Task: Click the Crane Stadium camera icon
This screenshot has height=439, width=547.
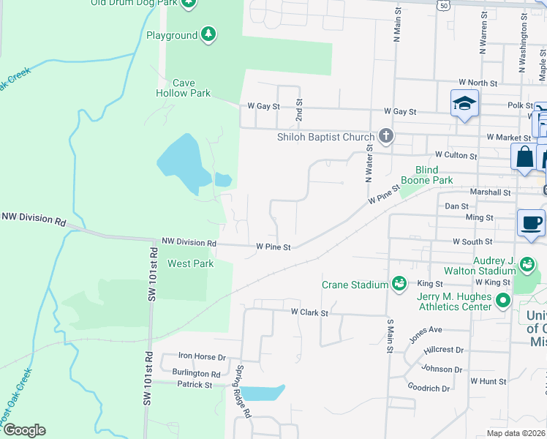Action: click(399, 283)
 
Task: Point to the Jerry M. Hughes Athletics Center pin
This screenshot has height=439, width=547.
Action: click(503, 301)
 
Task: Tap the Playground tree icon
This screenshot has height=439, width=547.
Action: click(209, 34)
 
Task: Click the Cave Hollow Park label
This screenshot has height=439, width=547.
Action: click(183, 89)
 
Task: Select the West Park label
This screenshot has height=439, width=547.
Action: click(191, 263)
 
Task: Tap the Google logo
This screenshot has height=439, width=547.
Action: click(24, 430)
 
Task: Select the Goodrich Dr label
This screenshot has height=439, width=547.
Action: click(429, 389)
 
